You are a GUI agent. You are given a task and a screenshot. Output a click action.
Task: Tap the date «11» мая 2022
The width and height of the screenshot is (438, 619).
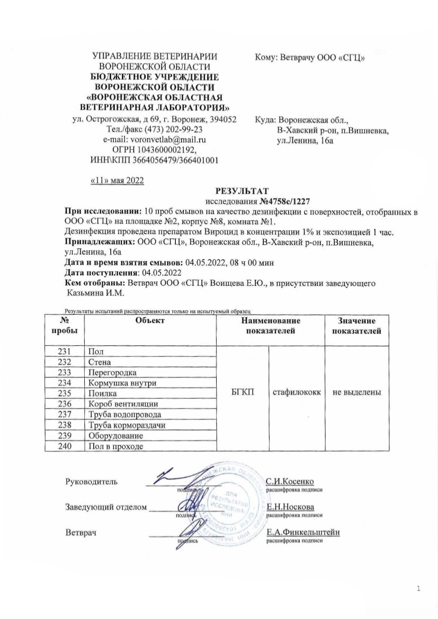pos(118,180)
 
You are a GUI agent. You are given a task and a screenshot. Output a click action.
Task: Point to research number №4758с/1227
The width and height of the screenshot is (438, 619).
pos(283,201)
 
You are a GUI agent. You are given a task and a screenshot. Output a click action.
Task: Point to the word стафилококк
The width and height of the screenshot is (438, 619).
pos(297,393)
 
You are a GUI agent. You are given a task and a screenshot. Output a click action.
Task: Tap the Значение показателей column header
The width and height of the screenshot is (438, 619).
pos(357,326)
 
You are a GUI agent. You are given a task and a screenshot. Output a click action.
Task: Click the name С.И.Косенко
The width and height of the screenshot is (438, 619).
pos(291,481)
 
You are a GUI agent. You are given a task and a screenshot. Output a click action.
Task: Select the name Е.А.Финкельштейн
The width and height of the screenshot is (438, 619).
pos(303,532)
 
